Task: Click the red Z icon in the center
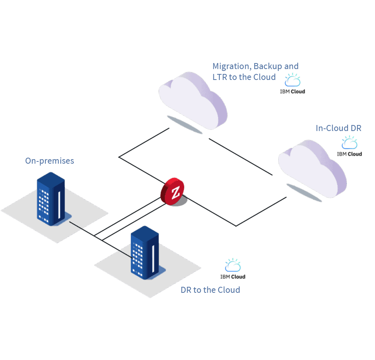click(175, 193)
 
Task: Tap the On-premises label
click(49, 161)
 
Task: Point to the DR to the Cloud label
click(210, 290)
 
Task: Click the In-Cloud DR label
click(338, 128)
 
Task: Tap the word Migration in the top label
click(231, 66)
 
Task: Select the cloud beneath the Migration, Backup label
click(193, 99)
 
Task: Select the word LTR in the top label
click(220, 77)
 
